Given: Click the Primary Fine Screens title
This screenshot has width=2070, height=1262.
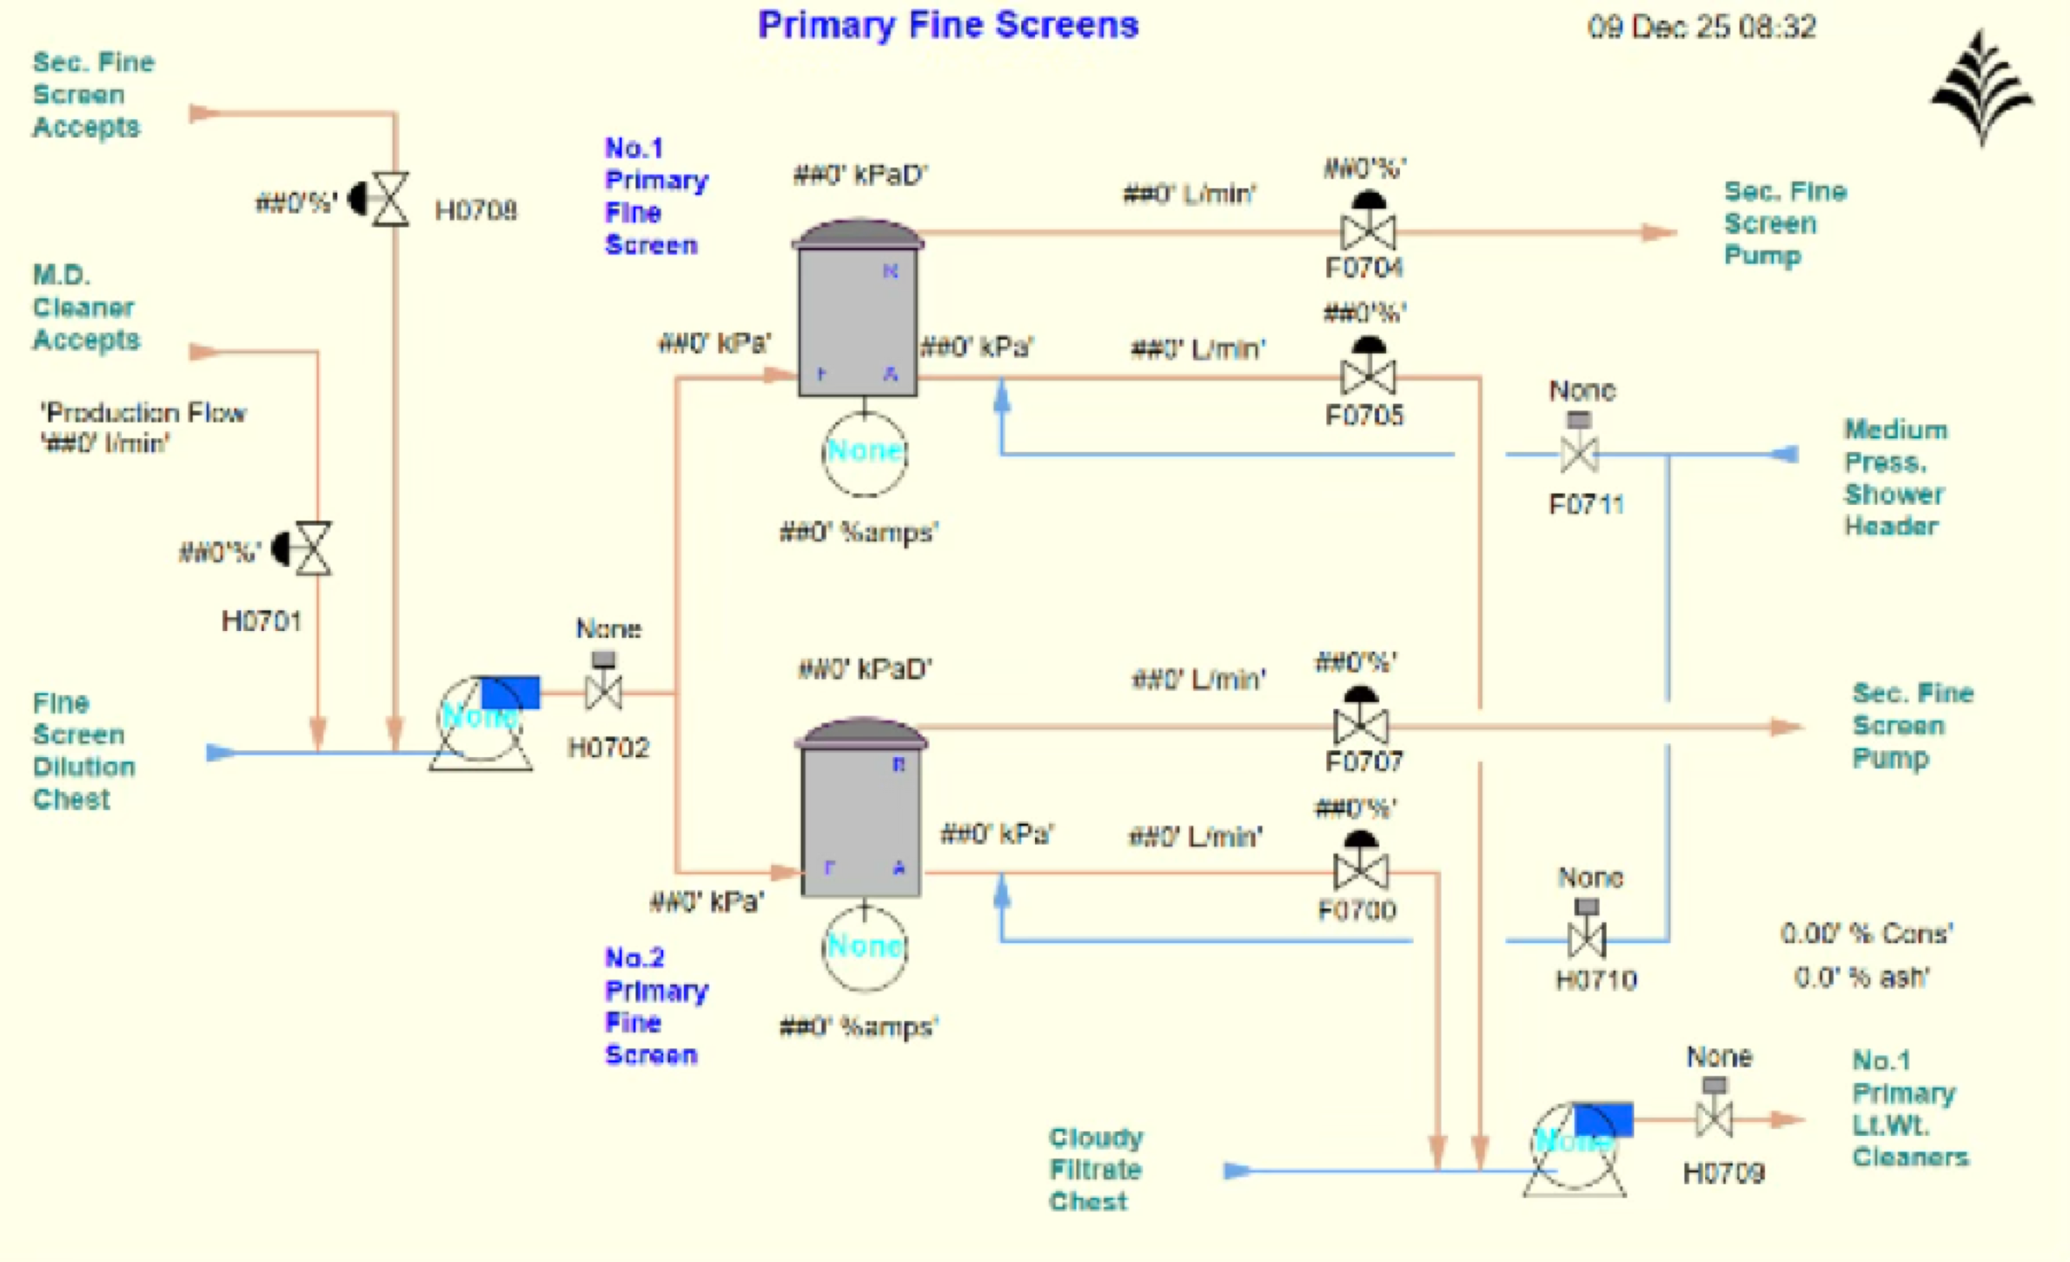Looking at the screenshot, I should point(948,25).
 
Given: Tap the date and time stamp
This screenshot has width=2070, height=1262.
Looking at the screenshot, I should point(1701,28).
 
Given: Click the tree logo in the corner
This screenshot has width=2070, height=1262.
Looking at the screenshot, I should point(1981,87).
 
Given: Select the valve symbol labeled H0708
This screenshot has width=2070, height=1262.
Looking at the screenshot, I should point(389,200).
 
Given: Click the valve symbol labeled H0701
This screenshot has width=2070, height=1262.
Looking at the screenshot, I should point(312,548).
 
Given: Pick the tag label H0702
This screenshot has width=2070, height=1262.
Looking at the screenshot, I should point(608,748).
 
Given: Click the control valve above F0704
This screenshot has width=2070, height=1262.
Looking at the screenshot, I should point(1367,231).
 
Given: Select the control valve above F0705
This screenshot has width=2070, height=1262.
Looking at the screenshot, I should point(1367,376).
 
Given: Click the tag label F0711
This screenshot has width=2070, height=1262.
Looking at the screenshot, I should point(1586,504).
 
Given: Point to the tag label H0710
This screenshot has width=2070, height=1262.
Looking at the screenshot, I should point(1595,980).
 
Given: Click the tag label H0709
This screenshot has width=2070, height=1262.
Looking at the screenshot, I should point(1722,1173).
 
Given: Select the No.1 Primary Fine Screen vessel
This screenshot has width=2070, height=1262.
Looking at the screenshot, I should point(858,320).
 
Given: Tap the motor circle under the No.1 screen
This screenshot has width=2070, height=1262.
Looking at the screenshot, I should point(864,453).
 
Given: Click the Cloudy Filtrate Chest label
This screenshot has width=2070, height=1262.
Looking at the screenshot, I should point(1096,1170).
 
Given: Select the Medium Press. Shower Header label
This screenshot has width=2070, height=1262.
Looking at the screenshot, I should point(1894,477).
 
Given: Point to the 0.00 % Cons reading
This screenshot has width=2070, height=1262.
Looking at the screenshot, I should point(1866,934).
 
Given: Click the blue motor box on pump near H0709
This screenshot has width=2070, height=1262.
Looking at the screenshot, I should point(1602,1119).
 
